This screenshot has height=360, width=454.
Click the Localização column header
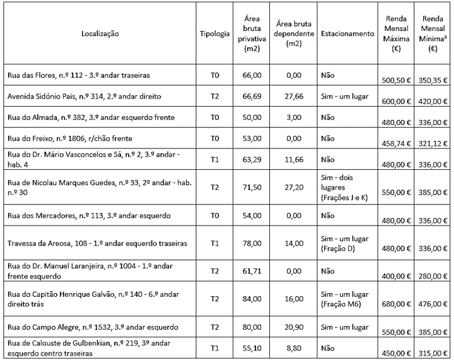[x=100, y=33]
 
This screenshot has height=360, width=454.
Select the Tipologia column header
[x=214, y=33]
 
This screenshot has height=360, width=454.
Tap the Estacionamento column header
[x=347, y=33]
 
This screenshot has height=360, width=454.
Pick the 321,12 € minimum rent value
[x=433, y=143]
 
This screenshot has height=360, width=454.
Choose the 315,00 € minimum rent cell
[x=433, y=353]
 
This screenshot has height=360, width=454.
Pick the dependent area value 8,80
[x=290, y=347]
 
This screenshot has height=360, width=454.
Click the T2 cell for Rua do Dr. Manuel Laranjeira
[x=214, y=270]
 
